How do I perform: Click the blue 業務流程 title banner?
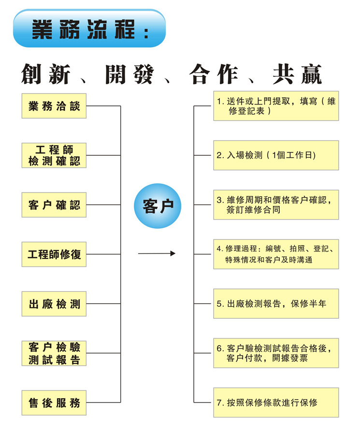(89, 28)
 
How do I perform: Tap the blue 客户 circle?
(158, 206)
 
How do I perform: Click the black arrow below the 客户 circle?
(157, 253)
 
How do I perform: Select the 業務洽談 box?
(54, 106)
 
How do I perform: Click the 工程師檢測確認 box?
(54, 155)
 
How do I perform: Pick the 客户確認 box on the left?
(54, 205)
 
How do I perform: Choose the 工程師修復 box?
(54, 254)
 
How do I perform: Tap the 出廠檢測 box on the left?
(54, 304)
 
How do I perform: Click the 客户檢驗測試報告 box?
(54, 353)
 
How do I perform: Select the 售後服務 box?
(54, 403)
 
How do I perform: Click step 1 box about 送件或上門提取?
(276, 106)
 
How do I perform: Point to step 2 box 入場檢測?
(276, 155)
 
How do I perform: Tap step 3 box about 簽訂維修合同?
(276, 205)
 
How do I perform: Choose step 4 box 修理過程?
(276, 254)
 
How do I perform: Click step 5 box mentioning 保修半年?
(276, 304)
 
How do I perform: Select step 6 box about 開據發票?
(276, 353)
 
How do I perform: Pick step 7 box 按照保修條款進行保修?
(276, 402)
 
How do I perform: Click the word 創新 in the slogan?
(46, 74)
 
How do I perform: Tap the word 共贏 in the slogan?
(297, 74)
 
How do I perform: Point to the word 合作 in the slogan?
(214, 74)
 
